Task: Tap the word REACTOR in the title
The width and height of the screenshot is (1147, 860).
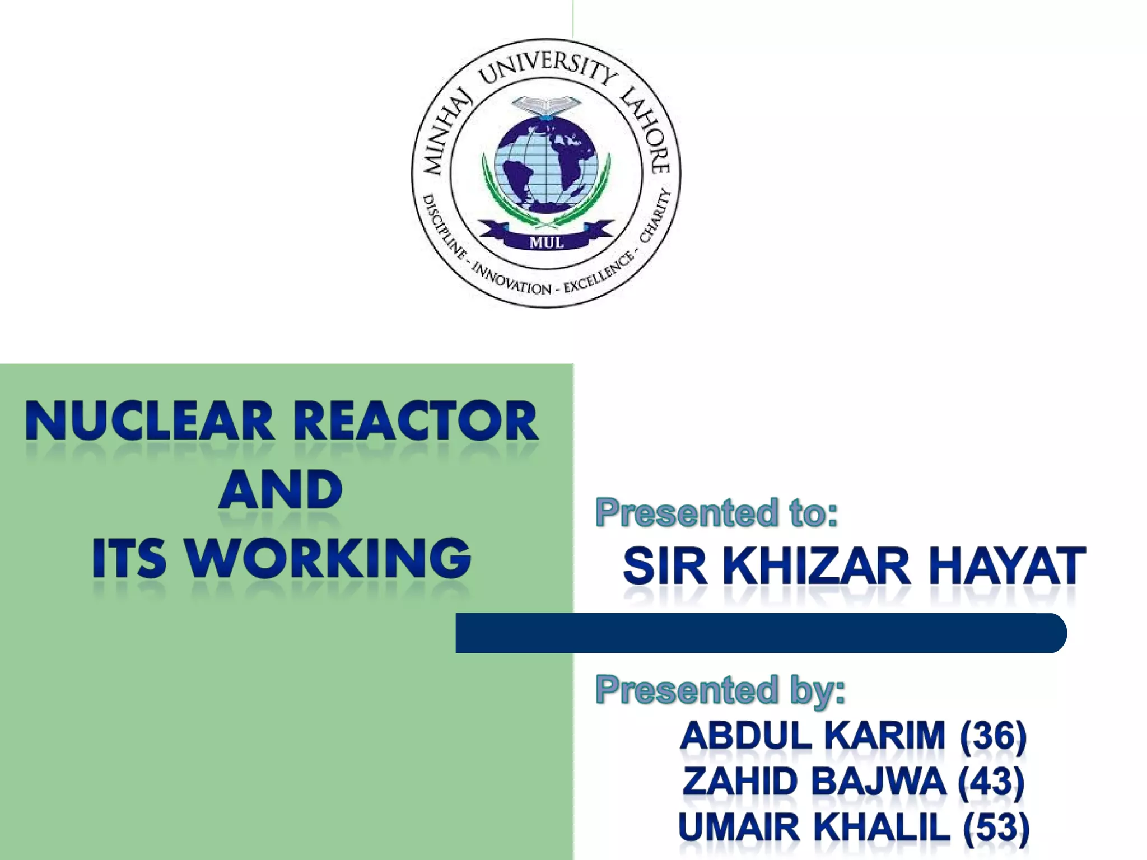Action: click(x=416, y=421)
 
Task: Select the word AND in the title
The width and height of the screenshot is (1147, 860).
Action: click(x=280, y=490)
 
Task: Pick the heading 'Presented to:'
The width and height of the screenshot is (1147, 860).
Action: click(x=716, y=512)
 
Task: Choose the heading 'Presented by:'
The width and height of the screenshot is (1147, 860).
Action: click(x=720, y=689)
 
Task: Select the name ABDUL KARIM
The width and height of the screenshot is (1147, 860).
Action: click(x=813, y=735)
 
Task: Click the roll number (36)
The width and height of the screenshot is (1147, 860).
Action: click(x=993, y=735)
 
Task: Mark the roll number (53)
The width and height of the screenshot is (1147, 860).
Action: click(x=996, y=827)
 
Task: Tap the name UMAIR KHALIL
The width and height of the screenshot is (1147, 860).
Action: click(x=814, y=827)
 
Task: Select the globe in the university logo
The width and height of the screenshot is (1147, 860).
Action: click(x=547, y=165)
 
